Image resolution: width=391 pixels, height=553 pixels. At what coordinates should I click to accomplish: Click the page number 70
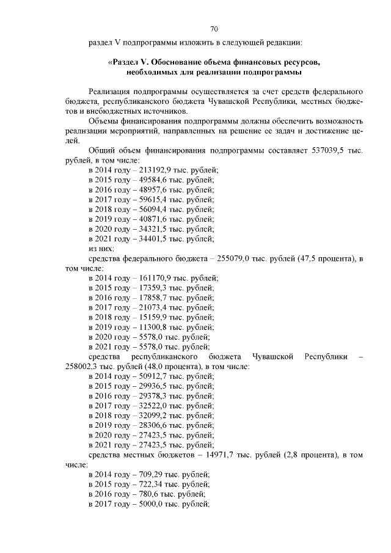coord(214,29)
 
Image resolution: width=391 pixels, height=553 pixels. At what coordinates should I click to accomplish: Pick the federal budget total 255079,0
coord(230,258)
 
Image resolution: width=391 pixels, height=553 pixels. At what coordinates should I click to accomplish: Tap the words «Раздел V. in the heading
coord(128,62)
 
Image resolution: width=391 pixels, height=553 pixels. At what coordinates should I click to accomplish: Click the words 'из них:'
coord(102,248)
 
